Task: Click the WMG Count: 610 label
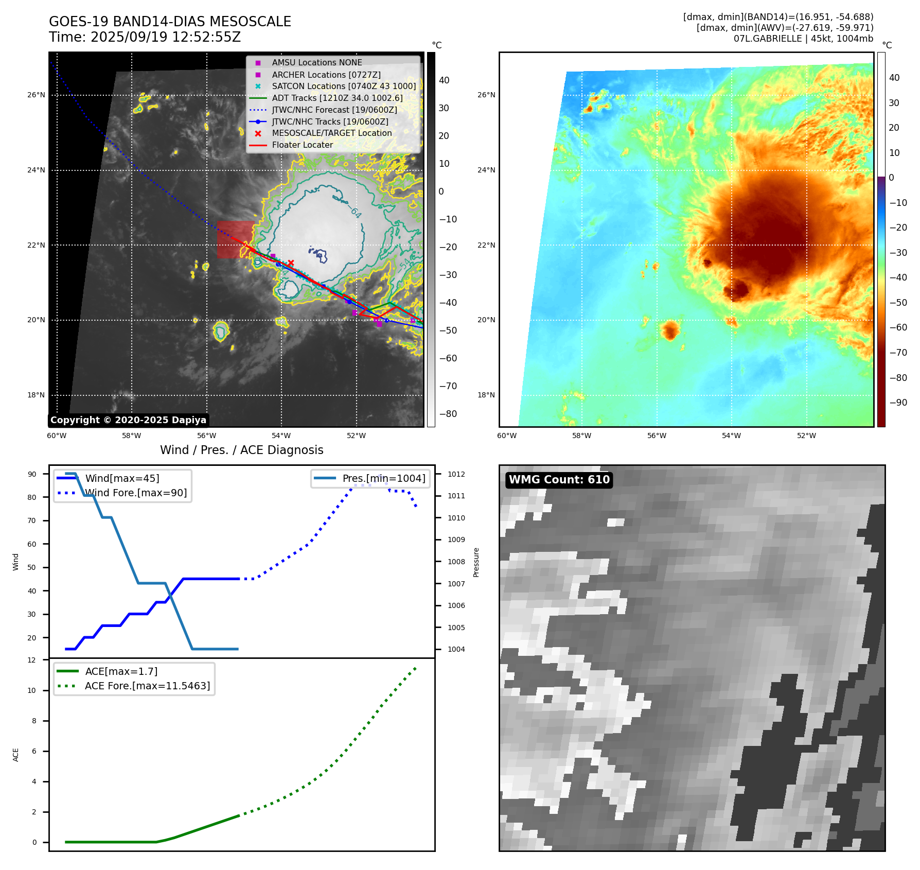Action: point(559,480)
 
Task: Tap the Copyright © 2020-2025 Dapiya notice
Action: point(128,420)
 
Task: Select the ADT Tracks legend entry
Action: point(337,98)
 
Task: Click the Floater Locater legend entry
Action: point(302,145)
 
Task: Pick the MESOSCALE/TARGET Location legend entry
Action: point(331,133)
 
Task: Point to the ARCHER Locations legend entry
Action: point(326,75)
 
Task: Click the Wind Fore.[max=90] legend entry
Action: point(136,493)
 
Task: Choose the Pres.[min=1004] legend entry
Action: point(384,478)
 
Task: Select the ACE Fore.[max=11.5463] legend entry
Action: point(147,686)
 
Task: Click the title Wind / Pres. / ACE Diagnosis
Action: point(242,450)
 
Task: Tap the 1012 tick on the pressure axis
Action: point(456,474)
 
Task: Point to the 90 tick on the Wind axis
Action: point(32,474)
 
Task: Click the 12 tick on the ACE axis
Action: point(32,660)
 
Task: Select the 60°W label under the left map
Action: point(57,436)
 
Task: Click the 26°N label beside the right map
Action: point(486,95)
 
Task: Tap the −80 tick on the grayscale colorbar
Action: point(448,414)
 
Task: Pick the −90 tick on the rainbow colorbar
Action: point(898,403)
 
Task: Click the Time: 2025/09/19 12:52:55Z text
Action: point(145,37)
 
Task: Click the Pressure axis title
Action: point(476,562)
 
